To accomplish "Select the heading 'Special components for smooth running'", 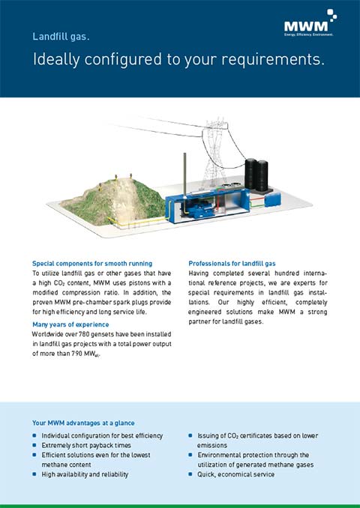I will (x=92, y=264).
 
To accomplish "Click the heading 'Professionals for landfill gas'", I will (x=232, y=264).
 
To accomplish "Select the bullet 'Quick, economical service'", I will (x=236, y=474).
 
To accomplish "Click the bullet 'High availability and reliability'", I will (x=85, y=474).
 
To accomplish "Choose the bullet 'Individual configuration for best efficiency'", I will (x=102, y=435).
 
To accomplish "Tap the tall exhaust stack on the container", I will (x=183, y=172).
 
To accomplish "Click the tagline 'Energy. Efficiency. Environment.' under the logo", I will (x=308, y=34).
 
